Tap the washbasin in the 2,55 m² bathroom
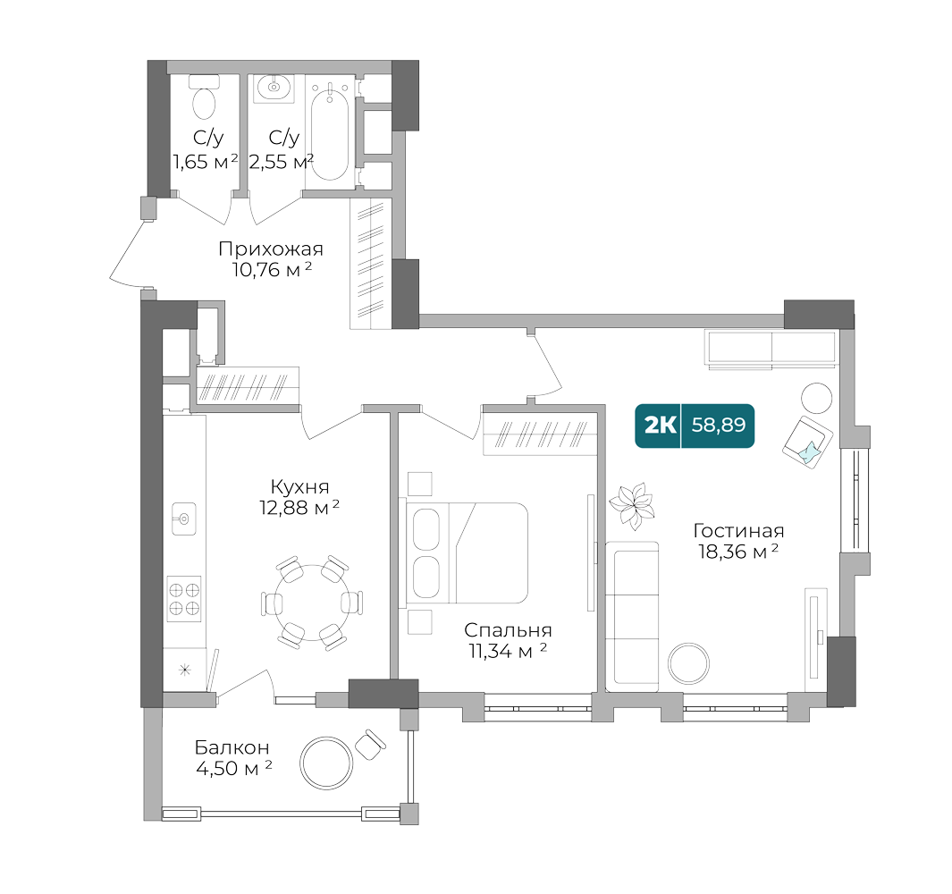tap(273, 88)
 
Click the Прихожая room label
tap(271, 249)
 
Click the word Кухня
tap(300, 488)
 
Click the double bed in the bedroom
tap(469, 552)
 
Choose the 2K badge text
tap(661, 426)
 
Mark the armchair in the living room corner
tap(807, 440)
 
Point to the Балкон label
tap(232, 748)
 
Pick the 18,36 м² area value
tap(738, 552)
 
